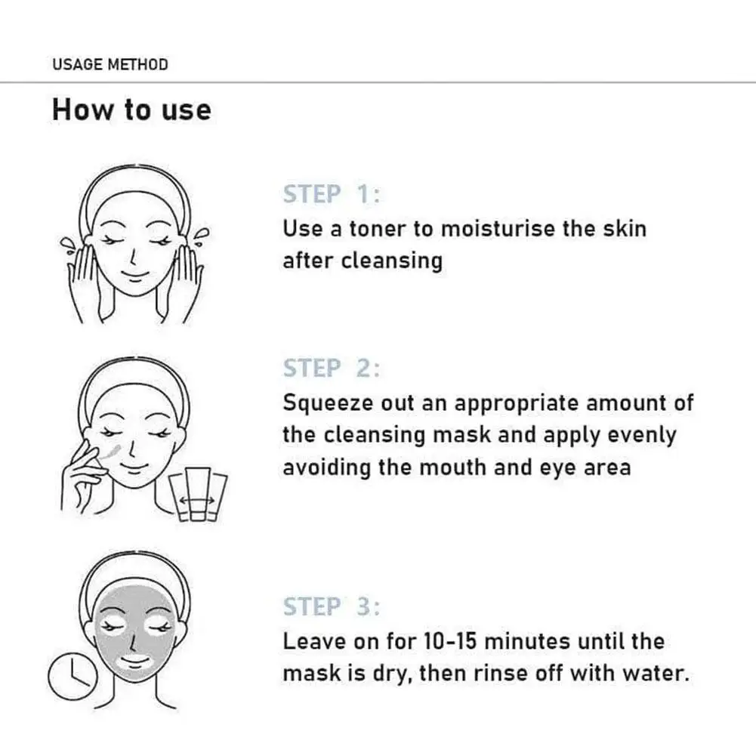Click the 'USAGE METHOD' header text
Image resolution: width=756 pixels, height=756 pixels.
coord(110,64)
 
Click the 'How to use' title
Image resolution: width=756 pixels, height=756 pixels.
coord(131,110)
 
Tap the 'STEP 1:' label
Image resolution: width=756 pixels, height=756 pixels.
coord(332,195)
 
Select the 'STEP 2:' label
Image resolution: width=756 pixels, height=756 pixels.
coord(332,369)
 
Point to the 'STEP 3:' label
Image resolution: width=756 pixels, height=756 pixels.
coord(332,606)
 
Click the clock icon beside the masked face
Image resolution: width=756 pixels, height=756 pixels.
coord(69,676)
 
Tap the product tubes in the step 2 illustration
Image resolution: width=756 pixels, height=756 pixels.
coord(198,494)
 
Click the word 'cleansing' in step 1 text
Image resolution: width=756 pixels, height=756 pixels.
coord(391,261)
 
